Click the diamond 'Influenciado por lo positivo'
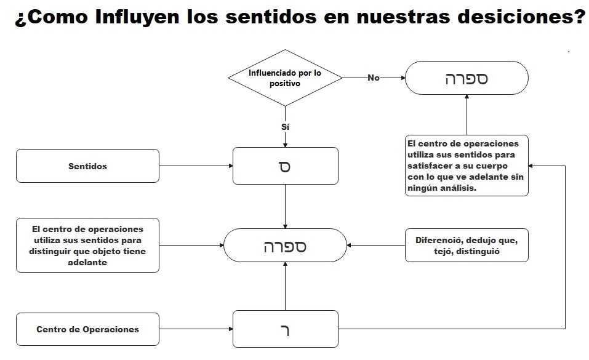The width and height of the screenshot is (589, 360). (x=285, y=78)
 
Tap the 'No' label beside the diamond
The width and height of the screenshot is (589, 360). (x=373, y=78)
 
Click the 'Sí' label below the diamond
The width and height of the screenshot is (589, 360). (x=285, y=126)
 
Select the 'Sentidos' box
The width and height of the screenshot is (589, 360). (x=87, y=166)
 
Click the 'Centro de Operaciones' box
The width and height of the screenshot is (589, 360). (x=87, y=329)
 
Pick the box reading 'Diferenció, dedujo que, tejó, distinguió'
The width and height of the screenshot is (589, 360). (x=466, y=246)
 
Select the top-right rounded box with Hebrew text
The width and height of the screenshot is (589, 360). (x=466, y=78)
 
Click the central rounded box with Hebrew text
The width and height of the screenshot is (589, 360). (x=285, y=246)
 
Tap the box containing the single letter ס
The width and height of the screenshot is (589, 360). (x=285, y=166)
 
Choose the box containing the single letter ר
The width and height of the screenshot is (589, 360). (x=285, y=329)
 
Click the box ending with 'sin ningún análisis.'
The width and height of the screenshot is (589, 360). (x=466, y=166)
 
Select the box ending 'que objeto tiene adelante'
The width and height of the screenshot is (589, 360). (x=87, y=245)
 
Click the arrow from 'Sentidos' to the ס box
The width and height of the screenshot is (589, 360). (x=196, y=166)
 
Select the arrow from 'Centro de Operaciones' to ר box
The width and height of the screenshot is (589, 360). (x=196, y=329)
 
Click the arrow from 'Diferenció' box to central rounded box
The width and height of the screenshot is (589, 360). (x=375, y=246)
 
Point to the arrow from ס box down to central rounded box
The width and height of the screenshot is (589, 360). (x=285, y=206)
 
